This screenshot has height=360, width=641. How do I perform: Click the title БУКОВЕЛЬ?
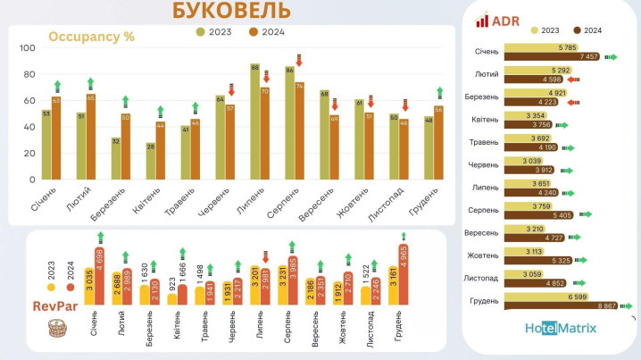point(231,11)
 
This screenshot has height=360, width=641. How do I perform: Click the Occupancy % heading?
point(91,37)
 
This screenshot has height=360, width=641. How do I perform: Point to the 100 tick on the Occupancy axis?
point(28,48)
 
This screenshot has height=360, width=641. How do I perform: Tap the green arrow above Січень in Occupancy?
point(56,87)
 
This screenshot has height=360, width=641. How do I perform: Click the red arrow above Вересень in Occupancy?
point(334,105)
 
